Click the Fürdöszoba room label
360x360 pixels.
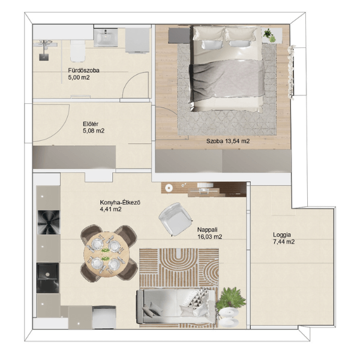(83, 70)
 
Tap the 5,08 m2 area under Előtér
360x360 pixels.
(94, 131)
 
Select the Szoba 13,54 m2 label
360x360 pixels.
(228, 141)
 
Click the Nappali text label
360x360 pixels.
(208, 230)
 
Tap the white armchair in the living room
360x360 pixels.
(175, 219)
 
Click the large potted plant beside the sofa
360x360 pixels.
(231, 298)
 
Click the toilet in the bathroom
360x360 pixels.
(78, 51)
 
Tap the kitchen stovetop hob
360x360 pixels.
(49, 222)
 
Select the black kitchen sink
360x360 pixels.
(48, 278)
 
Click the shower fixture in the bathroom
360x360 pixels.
(44, 49)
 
